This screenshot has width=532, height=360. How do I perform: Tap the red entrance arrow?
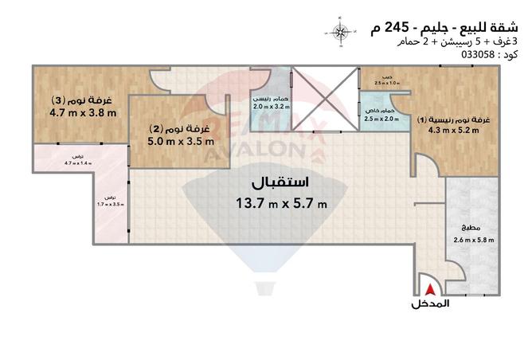click(x=430, y=292)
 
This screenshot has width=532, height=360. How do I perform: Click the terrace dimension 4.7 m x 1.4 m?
click(x=78, y=162)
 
